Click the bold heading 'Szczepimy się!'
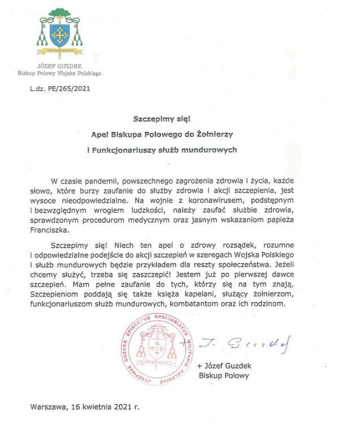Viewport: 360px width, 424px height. coord(160,119)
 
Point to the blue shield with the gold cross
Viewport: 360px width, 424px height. coord(58,34)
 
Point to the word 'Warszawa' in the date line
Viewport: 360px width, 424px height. coord(47,406)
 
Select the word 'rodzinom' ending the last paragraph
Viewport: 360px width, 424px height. coord(270,303)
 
